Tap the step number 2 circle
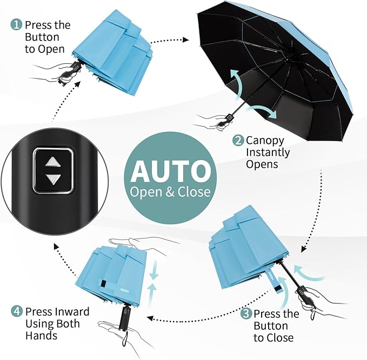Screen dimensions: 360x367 coord(238,141)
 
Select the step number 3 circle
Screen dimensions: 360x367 coord(246,314)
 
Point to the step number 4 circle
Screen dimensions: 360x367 coord(16,312)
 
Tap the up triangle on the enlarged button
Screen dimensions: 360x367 coord(53,162)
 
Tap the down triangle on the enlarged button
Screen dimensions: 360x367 coord(53,179)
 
